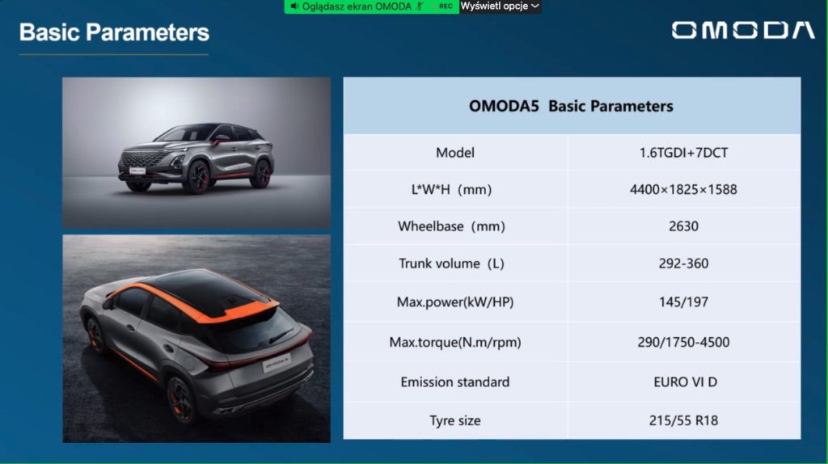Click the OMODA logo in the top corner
click(743, 31)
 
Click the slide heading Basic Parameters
click(114, 32)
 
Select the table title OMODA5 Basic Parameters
click(571, 106)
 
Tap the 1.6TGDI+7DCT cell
click(683, 153)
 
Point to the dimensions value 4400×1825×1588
click(683, 189)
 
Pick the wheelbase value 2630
click(683, 226)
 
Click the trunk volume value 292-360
click(683, 263)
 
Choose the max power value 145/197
click(683, 302)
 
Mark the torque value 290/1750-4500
click(683, 342)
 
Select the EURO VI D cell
click(685, 382)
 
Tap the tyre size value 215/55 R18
click(683, 420)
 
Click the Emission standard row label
click(454, 382)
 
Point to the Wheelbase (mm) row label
click(451, 226)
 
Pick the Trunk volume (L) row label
click(451, 263)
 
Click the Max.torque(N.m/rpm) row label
click(454, 342)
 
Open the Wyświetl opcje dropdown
click(500, 6)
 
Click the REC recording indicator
click(446, 6)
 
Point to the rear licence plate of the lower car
click(277, 363)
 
